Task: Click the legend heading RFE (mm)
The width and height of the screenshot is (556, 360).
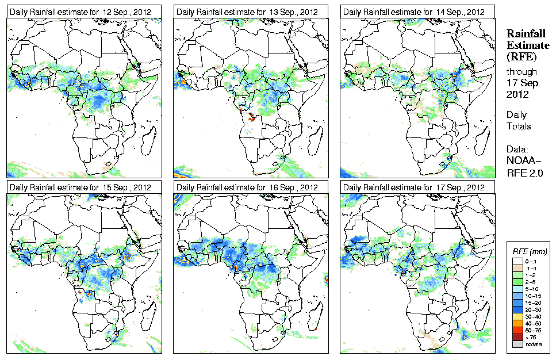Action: pos(529,252)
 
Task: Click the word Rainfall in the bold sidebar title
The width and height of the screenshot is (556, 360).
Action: pos(526,34)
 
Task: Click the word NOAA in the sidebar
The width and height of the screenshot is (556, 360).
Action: pos(521,161)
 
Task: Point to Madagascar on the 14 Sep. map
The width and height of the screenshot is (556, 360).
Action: pos(482,138)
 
